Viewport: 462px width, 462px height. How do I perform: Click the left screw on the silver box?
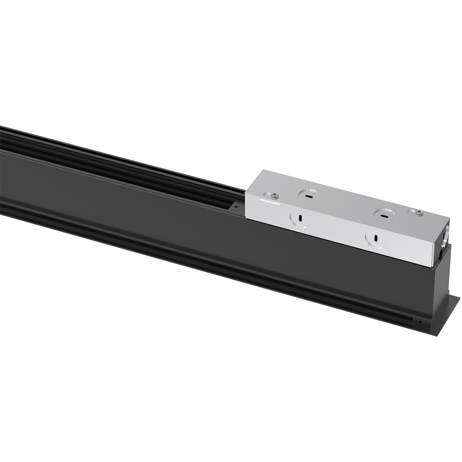[x=275, y=195]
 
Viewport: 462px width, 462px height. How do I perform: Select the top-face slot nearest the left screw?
[x=308, y=197]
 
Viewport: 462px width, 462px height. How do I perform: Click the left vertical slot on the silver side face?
[x=300, y=218]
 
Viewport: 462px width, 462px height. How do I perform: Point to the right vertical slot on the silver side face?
[x=375, y=238]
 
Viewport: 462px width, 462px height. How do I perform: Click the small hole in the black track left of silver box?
[x=235, y=207]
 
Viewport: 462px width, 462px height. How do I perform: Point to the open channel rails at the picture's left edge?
[x=17, y=141]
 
